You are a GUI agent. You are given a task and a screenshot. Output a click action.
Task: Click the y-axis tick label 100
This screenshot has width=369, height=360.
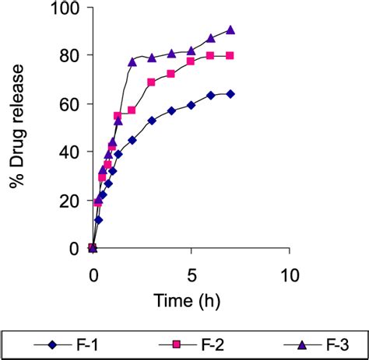point(65,9)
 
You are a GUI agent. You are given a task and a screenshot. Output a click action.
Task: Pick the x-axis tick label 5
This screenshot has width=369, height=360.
point(192,274)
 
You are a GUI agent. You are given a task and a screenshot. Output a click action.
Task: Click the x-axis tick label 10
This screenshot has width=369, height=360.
point(289,274)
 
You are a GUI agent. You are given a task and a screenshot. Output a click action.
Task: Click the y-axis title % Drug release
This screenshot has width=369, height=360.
point(17,129)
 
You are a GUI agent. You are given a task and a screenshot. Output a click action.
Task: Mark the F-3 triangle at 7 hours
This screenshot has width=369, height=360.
point(230,31)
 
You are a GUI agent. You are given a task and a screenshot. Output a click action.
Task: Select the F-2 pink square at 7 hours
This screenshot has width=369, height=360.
point(230,56)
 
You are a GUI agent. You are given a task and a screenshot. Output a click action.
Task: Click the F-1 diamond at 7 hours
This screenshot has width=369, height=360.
point(230,94)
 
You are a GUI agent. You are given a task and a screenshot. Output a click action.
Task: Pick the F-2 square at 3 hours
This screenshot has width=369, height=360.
point(152,82)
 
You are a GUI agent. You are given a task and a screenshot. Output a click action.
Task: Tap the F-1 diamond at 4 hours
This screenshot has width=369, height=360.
point(171,110)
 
